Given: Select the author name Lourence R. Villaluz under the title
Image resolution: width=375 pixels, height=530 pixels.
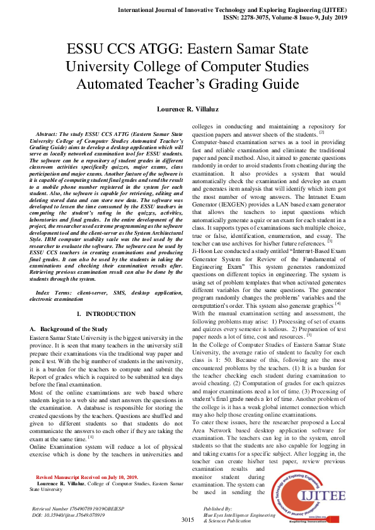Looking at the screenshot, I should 187,109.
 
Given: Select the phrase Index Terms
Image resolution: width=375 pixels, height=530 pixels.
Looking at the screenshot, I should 54,293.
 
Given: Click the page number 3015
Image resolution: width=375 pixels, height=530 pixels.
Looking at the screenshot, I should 187,519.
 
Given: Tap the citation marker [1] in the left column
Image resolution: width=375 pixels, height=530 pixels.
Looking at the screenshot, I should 91,419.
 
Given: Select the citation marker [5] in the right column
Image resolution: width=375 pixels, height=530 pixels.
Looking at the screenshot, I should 309,335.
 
